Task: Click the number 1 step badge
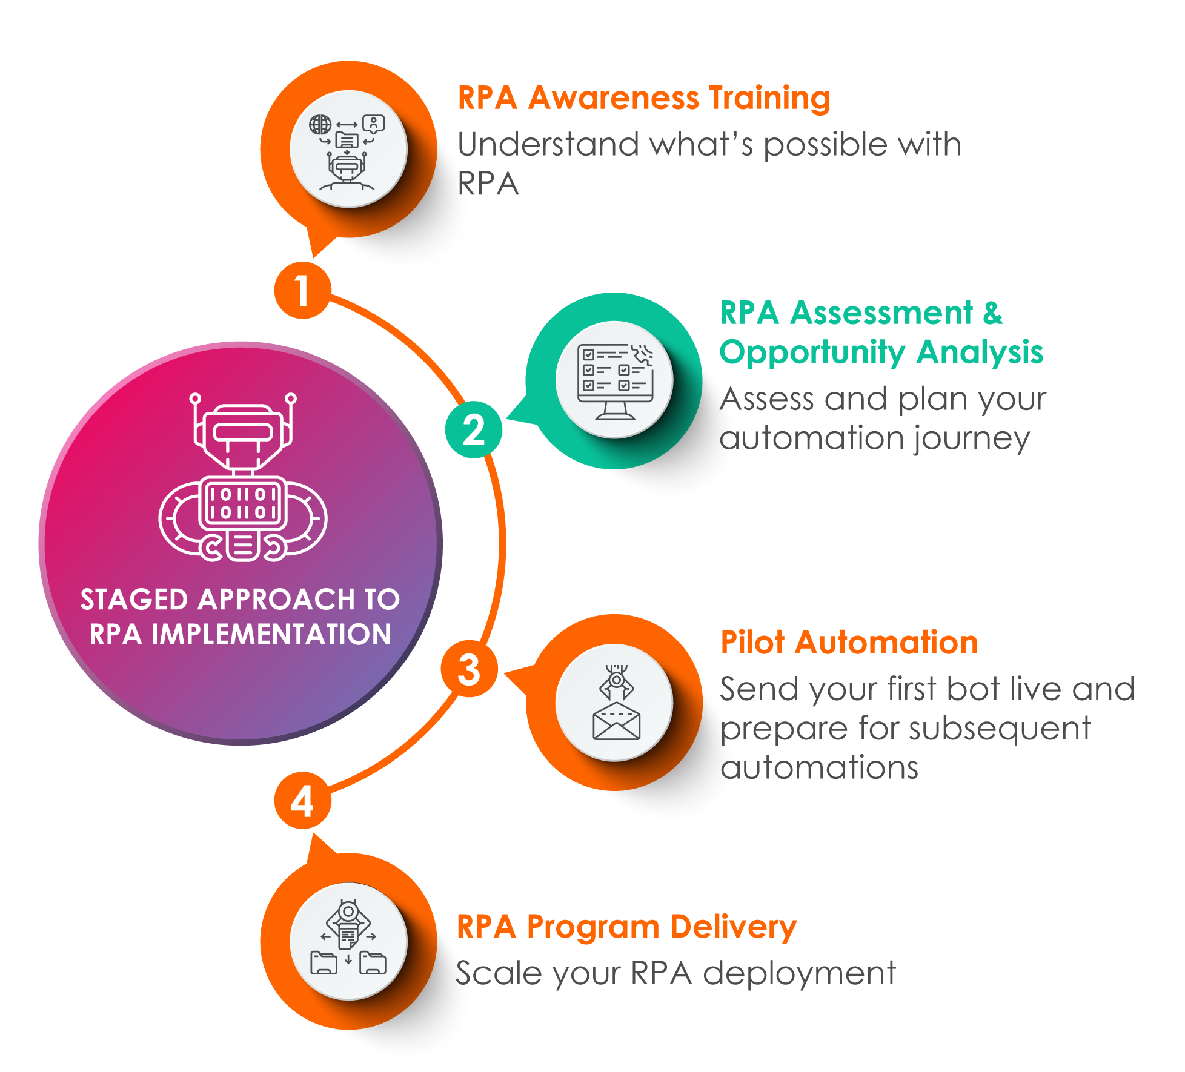302,290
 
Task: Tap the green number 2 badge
473,429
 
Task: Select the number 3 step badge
469,669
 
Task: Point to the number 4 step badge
302,801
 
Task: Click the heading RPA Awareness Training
643,98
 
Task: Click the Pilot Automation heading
849,642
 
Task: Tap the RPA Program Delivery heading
626,927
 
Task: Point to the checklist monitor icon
614,380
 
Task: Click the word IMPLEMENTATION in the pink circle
271,635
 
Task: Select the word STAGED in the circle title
134,600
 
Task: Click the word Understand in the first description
548,145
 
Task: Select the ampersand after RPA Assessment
992,313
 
